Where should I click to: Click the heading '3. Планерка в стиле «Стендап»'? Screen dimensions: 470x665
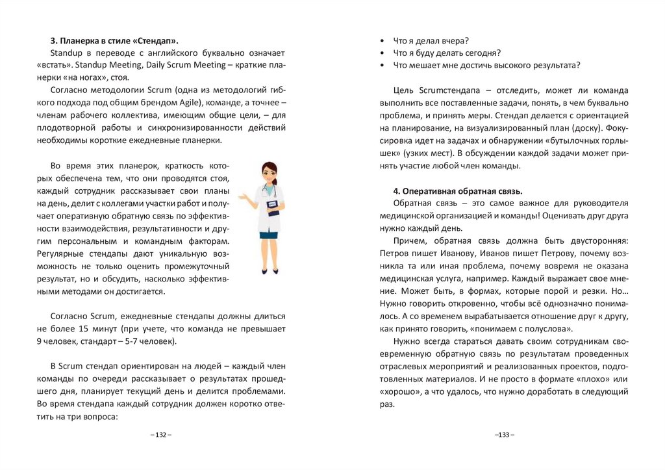114,40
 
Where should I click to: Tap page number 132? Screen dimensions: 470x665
161,434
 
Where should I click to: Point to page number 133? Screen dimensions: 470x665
504,434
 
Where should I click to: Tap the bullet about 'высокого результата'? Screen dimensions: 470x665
486,65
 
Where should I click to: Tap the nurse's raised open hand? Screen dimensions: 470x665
242,195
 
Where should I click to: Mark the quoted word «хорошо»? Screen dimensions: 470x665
399,391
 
